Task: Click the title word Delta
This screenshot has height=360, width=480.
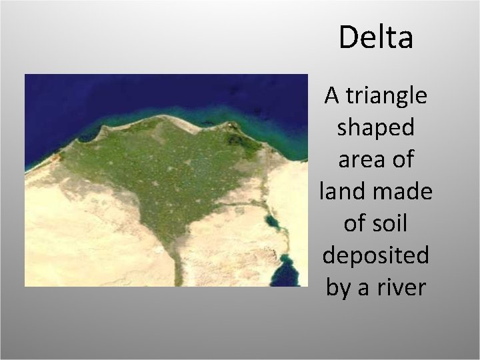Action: [376, 38]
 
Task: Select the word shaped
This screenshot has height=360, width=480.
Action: [376, 128]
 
